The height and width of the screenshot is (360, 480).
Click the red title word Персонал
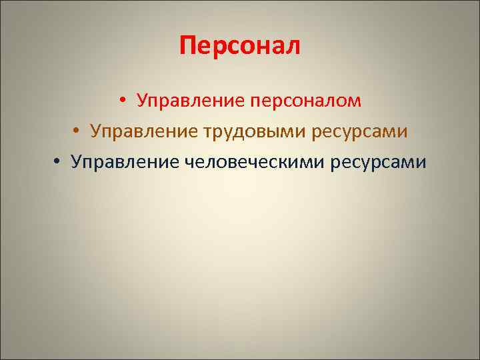[x=240, y=47]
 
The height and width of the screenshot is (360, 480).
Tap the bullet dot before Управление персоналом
[x=124, y=102]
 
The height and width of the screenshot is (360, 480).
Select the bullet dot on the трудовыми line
[x=77, y=132]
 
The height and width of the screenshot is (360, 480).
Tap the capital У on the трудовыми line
[x=95, y=131]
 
